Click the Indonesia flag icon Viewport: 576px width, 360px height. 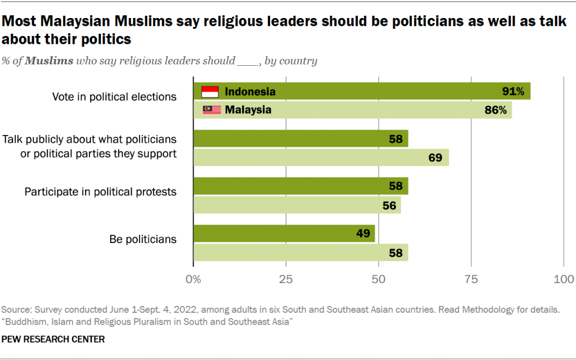210,92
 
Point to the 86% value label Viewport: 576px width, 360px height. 495,110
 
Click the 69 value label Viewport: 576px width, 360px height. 435,157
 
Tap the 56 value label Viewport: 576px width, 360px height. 389,205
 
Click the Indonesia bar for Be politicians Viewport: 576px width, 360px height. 284,234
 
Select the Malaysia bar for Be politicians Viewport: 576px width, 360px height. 300,253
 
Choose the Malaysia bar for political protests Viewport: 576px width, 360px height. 297,205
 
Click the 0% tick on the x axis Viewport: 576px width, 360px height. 193,278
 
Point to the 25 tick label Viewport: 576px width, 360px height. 286,278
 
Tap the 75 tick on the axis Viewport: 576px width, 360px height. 471,278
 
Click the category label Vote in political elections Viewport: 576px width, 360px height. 114,97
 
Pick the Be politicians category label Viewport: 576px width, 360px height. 143,239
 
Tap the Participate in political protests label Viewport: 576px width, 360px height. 101,192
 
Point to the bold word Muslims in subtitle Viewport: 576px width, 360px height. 49,61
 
